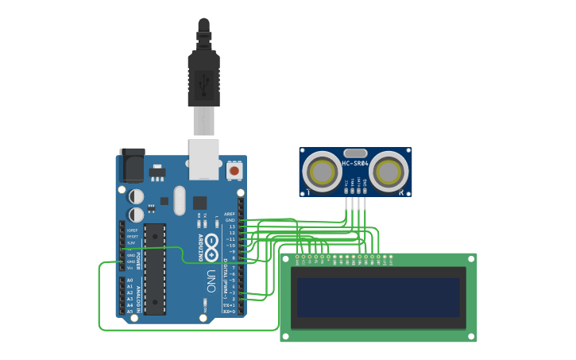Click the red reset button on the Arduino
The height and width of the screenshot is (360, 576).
[234, 170]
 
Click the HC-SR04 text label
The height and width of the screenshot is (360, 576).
[355, 164]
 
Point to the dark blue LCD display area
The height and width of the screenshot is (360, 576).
[377, 297]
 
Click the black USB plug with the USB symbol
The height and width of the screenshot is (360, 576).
[203, 79]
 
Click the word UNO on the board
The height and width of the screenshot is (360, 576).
[211, 281]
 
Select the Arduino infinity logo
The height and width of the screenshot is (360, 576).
[212, 247]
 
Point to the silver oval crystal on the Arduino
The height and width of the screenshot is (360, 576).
[179, 200]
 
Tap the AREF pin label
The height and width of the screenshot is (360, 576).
[229, 214]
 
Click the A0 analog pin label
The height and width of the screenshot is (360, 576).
[130, 281]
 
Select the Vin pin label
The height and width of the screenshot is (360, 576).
[130, 268]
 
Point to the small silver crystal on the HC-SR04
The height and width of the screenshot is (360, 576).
[355, 153]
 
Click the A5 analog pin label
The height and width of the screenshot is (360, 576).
[130, 312]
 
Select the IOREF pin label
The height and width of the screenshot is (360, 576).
[132, 230]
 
